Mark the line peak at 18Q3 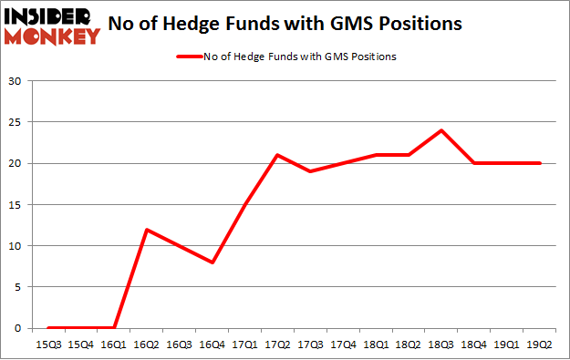click(x=442, y=130)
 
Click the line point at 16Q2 click(x=147, y=229)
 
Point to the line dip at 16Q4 click(x=212, y=262)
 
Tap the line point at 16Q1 click(x=114, y=328)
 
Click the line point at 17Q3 click(x=311, y=171)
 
